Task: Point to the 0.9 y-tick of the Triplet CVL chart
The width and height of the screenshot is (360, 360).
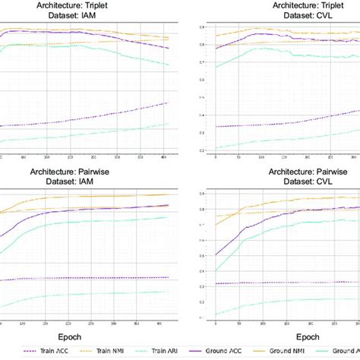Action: coord(201,27)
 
